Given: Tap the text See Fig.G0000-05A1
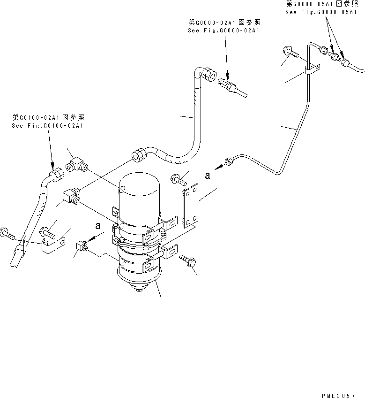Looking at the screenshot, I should coord(321,12).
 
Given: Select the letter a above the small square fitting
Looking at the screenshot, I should coord(98,226).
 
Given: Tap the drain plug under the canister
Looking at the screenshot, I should coord(140,290).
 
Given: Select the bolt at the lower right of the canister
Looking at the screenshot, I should coord(187,260).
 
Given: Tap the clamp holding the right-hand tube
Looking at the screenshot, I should coord(310,69).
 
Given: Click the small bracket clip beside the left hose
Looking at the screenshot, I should coord(51,246).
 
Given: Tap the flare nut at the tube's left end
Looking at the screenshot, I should coord(229,161).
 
